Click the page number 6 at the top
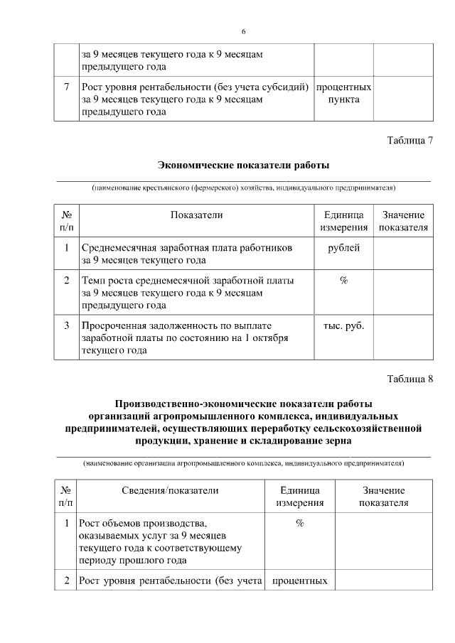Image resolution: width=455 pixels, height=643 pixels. (x=244, y=32)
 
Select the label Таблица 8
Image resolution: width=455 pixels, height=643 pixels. (x=409, y=377)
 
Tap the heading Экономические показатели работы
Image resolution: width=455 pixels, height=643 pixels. (x=243, y=166)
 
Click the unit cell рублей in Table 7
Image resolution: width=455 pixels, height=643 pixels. (x=343, y=248)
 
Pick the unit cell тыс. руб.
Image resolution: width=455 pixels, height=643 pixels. (x=343, y=325)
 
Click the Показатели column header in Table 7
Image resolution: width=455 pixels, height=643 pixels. (x=196, y=215)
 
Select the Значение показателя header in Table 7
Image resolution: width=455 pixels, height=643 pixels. (x=403, y=221)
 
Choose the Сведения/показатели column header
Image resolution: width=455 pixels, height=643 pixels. (x=170, y=490)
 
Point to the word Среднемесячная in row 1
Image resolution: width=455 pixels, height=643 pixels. (x=118, y=248)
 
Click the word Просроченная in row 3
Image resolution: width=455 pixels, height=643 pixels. (x=114, y=325)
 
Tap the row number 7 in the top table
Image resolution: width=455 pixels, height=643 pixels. (x=66, y=87)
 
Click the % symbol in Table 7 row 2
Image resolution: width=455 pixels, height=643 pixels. (x=343, y=281)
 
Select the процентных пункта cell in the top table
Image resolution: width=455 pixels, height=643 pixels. (x=343, y=94)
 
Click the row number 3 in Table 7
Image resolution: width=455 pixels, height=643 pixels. (x=66, y=325)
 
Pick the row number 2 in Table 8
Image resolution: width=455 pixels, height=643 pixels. (x=66, y=581)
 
